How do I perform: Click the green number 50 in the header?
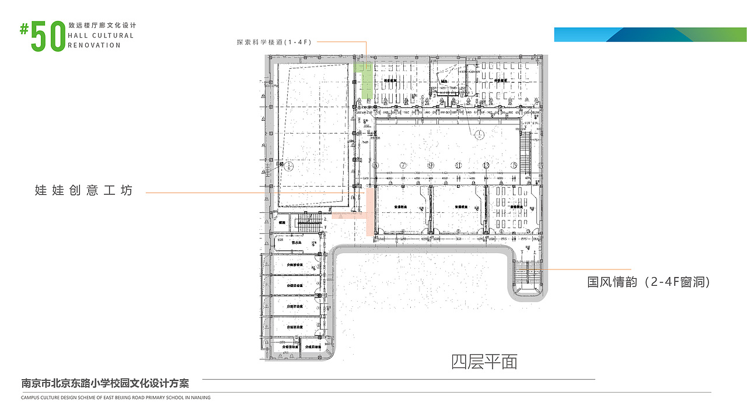(47, 37)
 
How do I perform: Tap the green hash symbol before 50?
(24, 29)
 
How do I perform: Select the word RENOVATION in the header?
(95, 45)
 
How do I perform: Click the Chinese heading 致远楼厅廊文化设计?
(102, 26)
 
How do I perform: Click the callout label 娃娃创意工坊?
(84, 191)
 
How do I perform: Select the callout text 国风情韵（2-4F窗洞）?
(648, 282)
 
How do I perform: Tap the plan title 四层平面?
(484, 362)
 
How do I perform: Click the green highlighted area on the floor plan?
(366, 80)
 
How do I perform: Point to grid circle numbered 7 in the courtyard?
(403, 165)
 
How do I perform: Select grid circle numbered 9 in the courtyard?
(431, 165)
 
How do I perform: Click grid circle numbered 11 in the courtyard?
(459, 165)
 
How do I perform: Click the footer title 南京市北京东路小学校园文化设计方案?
(105, 383)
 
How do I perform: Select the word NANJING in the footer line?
(200, 398)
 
